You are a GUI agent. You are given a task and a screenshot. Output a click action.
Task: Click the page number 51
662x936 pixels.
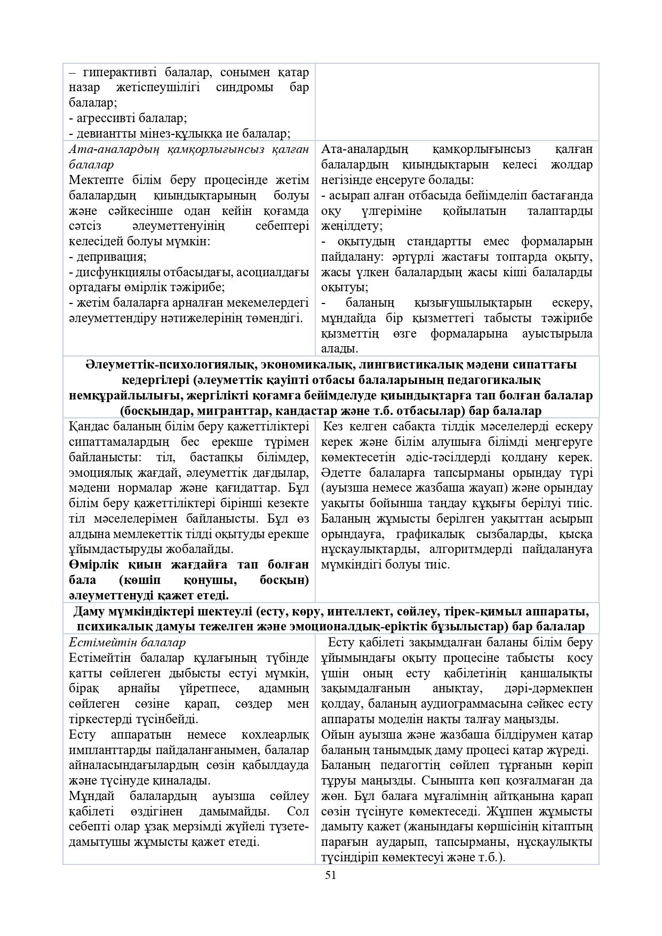tap(331, 875)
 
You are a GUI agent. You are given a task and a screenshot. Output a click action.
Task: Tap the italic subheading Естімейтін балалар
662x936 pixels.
tap(127, 643)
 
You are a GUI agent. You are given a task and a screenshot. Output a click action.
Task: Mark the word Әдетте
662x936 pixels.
tap(341, 473)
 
